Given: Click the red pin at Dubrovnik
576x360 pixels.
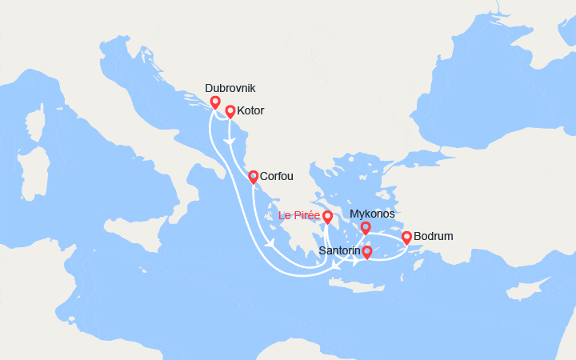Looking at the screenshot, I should (x=215, y=102).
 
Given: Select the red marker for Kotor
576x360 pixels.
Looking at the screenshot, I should (x=230, y=112).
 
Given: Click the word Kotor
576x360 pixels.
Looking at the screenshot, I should (x=250, y=111).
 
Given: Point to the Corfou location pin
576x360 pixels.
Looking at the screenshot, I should (x=253, y=177).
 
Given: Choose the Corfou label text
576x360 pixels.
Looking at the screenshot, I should (x=278, y=177).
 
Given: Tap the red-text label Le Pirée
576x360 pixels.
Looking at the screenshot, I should (x=299, y=216).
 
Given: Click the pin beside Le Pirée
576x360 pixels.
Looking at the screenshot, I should (x=327, y=216).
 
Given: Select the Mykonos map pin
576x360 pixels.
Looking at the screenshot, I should (x=366, y=228).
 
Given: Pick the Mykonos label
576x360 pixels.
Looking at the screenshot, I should (x=372, y=214).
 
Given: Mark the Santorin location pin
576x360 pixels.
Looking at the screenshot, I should (x=367, y=253).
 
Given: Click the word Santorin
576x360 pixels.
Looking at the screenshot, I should (x=340, y=251).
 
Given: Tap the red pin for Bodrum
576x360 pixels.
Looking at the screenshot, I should (x=406, y=237).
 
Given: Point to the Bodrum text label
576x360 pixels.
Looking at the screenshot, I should (x=434, y=237).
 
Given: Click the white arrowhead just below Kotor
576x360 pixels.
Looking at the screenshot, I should (x=230, y=141).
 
